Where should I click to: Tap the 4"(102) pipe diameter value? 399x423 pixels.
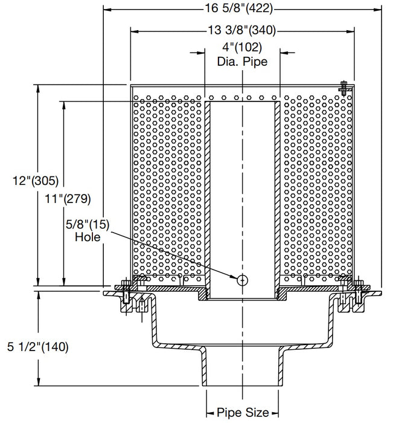click(243, 48)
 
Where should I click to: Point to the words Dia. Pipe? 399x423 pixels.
click(243, 61)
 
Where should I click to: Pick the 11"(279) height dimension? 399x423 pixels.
click(66, 198)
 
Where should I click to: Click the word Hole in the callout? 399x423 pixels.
click(88, 237)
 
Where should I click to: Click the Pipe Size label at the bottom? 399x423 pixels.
click(243, 413)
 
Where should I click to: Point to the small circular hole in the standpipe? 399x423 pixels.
click(242, 280)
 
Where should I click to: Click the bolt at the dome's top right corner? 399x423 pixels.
click(343, 88)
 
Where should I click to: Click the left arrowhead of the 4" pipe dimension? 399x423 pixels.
click(200, 53)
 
